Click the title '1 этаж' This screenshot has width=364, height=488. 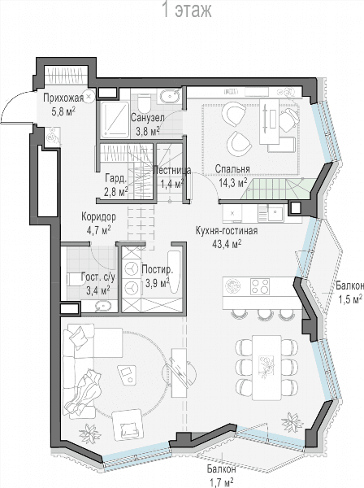coord(187,10)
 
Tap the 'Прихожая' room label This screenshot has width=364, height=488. coord(63,98)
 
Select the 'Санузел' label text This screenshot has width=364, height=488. coord(147,118)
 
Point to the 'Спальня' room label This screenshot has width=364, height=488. coord(232,169)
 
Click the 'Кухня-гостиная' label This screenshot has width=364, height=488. coord(227,231)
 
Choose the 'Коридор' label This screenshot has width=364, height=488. coord(98,216)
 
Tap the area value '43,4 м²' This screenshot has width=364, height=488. coord(227,244)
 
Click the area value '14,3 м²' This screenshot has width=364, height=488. coord(233,183)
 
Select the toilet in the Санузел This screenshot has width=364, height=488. coord(144,103)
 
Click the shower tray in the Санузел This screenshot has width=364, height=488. coord(115,120)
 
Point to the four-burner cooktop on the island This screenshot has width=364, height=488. coord(260,286)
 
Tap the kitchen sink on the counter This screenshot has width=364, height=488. coord(275,213)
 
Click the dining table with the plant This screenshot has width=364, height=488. coord(266,368)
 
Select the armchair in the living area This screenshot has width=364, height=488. coord(128,425)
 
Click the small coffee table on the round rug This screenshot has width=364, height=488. coord(127,374)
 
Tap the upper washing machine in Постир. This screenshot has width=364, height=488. coord(131,269)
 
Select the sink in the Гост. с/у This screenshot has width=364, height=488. coord(103,306)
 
